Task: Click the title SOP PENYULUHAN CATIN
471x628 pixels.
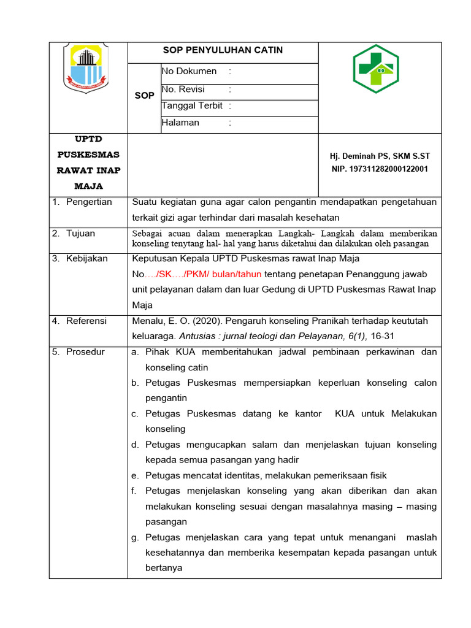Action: (x=223, y=50)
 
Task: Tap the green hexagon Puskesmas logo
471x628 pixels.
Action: (x=375, y=69)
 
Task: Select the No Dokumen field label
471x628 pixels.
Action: (x=189, y=71)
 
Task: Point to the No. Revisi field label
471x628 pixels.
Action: (x=183, y=90)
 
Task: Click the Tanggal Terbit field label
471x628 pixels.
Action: (x=192, y=105)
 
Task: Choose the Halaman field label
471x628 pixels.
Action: (x=180, y=123)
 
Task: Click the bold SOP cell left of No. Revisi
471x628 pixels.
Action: (x=144, y=96)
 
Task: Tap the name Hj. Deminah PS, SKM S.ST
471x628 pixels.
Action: (x=380, y=156)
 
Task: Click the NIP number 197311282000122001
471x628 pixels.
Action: (x=380, y=169)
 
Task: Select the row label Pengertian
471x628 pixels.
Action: (x=89, y=202)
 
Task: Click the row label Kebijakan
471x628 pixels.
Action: (x=87, y=258)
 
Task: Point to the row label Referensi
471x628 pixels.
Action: (x=86, y=321)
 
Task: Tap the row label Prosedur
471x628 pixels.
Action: (x=85, y=352)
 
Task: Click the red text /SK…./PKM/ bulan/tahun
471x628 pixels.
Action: (x=209, y=274)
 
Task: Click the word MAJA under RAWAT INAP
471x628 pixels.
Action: (x=88, y=186)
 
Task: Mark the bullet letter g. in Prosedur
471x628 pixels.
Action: (x=135, y=537)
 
